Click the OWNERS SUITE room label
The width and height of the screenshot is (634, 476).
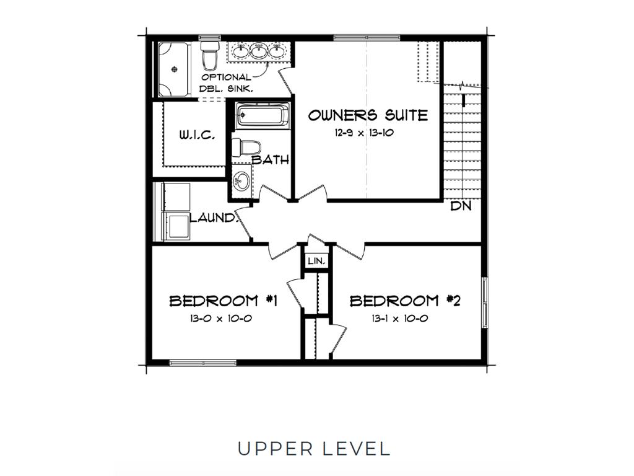[368, 115]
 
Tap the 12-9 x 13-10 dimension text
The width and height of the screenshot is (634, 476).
[364, 133]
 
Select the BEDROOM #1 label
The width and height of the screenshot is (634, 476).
[223, 301]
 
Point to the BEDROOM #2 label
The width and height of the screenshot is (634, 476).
[405, 301]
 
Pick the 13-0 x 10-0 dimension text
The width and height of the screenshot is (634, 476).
[221, 319]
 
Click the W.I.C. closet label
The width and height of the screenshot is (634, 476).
[197, 135]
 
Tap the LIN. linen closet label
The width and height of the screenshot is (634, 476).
[316, 261]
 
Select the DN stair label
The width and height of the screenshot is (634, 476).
[461, 206]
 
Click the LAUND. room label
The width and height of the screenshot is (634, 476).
[213, 218]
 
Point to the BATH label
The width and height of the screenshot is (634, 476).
[271, 160]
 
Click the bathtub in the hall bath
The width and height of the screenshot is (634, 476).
[263, 115]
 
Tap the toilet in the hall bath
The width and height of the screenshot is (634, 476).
[245, 148]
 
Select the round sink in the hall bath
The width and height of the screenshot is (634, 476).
[242, 180]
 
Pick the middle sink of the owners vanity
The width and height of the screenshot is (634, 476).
[259, 51]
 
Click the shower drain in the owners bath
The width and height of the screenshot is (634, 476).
[175, 69]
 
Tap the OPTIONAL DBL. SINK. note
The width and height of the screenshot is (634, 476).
[227, 82]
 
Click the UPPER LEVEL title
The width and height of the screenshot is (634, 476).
[314, 449]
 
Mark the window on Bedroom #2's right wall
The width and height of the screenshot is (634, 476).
[484, 302]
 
